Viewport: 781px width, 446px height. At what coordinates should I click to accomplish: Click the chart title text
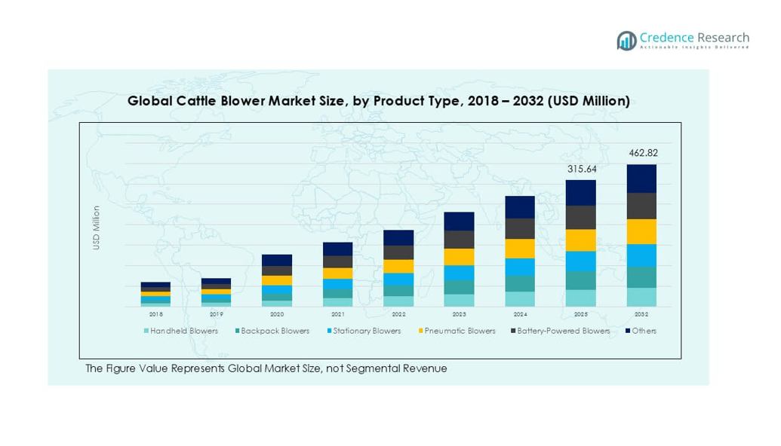click(378, 101)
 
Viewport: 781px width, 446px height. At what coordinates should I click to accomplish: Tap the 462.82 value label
click(643, 153)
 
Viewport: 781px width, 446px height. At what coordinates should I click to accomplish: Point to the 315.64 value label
click(582, 169)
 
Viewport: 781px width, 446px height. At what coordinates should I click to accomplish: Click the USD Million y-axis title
click(97, 228)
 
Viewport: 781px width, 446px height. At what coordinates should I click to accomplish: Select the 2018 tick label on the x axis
click(155, 313)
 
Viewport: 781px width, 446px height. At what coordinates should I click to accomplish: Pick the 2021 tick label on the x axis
click(337, 313)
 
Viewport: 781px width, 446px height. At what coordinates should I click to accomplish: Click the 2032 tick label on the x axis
click(641, 313)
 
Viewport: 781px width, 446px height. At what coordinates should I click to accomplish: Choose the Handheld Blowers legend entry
click(180, 331)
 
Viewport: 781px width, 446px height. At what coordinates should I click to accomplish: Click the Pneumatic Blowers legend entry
click(456, 331)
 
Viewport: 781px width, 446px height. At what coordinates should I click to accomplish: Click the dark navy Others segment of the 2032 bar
click(641, 179)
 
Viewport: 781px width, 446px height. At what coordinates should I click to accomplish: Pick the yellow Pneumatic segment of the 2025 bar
click(581, 240)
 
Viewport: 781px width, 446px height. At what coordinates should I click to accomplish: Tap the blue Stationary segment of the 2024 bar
click(520, 267)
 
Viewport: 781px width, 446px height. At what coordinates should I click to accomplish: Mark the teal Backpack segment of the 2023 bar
click(459, 287)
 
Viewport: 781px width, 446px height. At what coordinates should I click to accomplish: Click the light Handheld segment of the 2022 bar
click(398, 301)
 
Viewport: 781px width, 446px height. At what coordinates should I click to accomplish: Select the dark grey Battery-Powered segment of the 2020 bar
click(277, 270)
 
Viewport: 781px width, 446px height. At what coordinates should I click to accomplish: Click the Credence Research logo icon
click(626, 41)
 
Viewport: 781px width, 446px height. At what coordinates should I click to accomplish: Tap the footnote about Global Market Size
click(266, 368)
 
